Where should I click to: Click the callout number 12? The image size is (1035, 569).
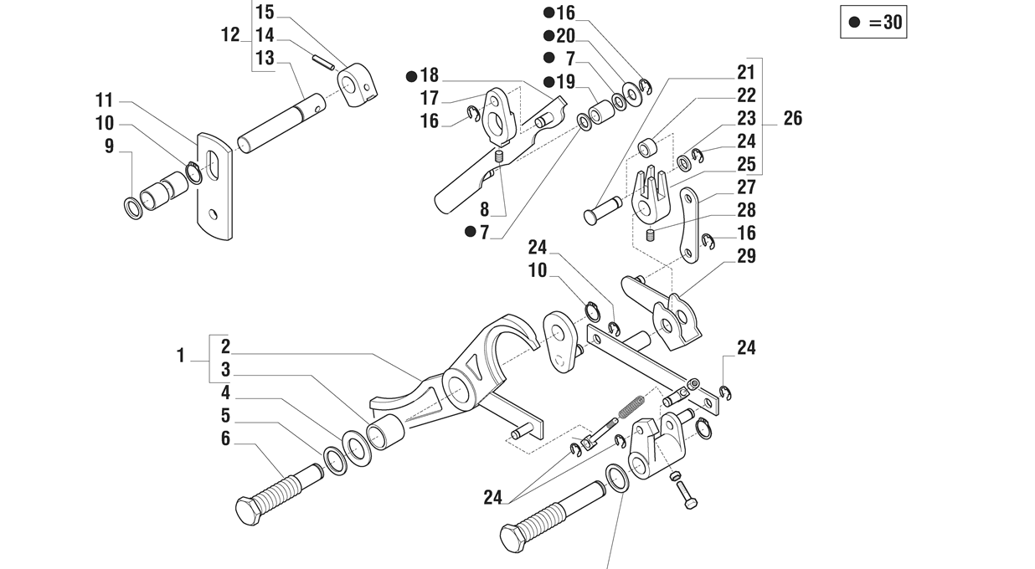[x=230, y=35]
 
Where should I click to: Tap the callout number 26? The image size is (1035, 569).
[x=793, y=118]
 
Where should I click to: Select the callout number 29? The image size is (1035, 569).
[x=746, y=256]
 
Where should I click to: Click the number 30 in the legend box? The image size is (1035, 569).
[x=892, y=22]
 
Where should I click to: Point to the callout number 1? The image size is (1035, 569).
[x=181, y=356]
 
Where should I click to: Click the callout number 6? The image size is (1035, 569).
[x=225, y=438]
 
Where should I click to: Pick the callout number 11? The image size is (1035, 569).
[x=105, y=100]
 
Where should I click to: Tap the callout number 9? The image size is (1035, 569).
[x=109, y=146]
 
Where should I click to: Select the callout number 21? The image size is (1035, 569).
[x=746, y=73]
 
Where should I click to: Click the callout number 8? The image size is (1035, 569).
[x=484, y=210]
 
